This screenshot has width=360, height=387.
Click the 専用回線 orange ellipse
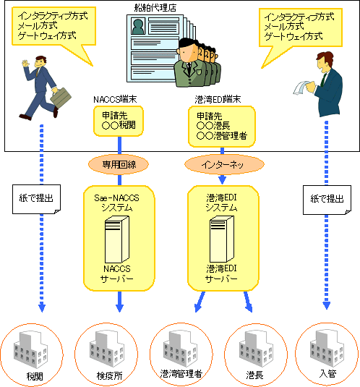(119, 164)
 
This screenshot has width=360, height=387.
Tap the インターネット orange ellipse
(224, 164)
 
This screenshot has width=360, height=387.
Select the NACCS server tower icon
(117, 239)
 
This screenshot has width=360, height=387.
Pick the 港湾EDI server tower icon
(222, 239)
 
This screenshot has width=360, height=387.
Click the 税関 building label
(35, 376)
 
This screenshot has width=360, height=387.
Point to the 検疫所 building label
(109, 376)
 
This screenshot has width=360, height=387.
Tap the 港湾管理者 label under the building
(181, 374)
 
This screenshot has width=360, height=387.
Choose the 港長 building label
(254, 375)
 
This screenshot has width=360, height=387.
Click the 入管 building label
(327, 374)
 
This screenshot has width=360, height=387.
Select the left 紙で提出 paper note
(36, 199)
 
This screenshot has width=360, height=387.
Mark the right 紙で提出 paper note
(327, 200)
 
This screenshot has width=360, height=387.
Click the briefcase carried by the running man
(61, 97)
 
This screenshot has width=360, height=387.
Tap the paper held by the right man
(300, 88)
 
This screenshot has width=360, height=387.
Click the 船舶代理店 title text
(155, 8)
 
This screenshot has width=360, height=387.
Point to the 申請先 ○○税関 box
(119, 121)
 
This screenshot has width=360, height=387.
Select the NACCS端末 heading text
(115, 100)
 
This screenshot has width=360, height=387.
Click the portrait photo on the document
(138, 26)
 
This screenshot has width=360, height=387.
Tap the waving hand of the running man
(25, 63)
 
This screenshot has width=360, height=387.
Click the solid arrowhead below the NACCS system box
(119, 308)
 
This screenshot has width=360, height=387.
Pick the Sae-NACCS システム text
(117, 203)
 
